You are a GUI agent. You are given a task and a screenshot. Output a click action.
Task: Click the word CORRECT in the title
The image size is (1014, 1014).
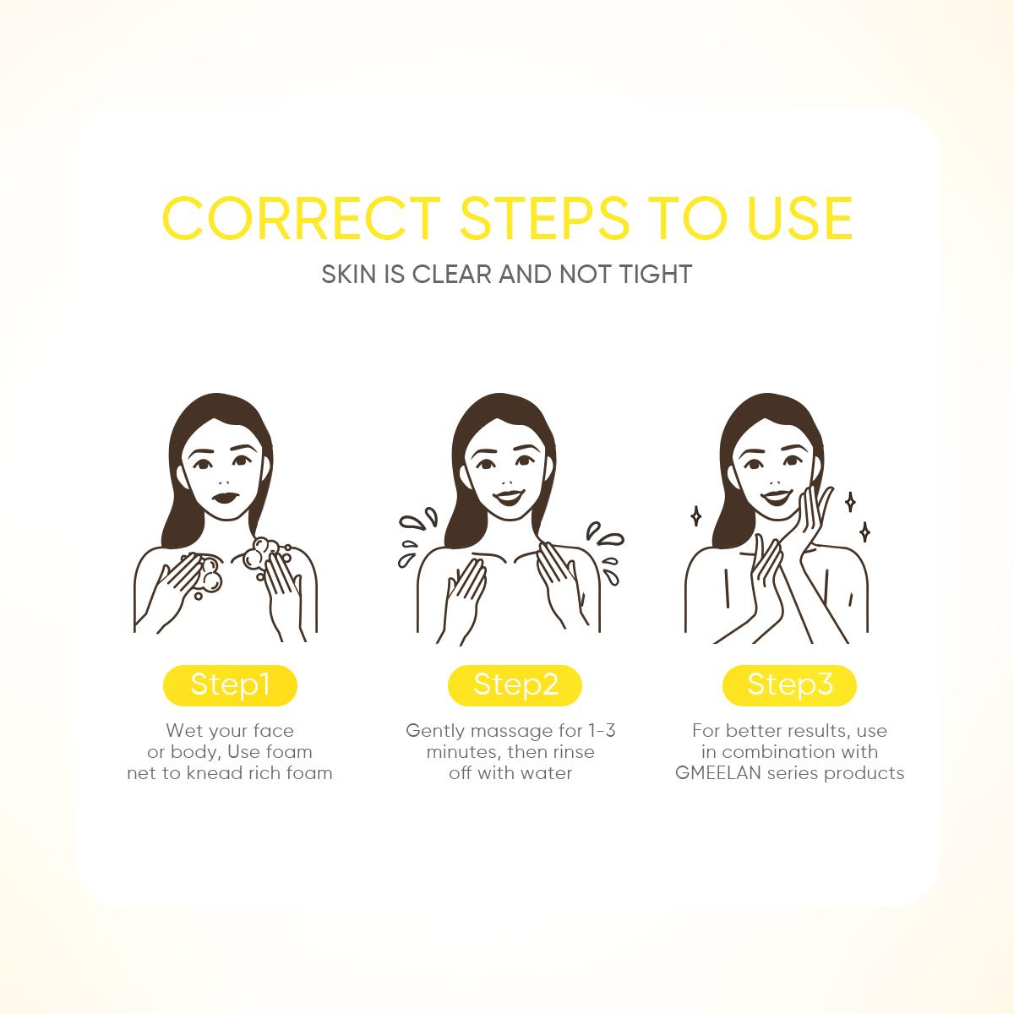(x=302, y=218)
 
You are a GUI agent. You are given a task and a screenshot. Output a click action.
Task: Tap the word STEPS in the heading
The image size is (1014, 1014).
(x=544, y=218)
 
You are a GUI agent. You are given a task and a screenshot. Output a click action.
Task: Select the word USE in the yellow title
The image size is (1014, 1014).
(x=799, y=218)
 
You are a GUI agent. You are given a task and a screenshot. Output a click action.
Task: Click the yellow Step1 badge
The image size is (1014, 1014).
(x=230, y=685)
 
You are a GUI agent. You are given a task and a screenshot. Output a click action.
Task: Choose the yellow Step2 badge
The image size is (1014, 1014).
(x=515, y=685)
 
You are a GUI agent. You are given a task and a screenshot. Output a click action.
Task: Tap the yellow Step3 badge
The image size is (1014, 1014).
(x=789, y=685)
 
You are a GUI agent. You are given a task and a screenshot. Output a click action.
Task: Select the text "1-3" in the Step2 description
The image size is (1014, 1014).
(x=602, y=730)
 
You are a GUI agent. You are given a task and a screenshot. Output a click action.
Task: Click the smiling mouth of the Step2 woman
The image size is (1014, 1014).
(x=509, y=497)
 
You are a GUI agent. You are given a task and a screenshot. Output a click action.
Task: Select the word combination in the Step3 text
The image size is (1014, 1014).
(x=778, y=752)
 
